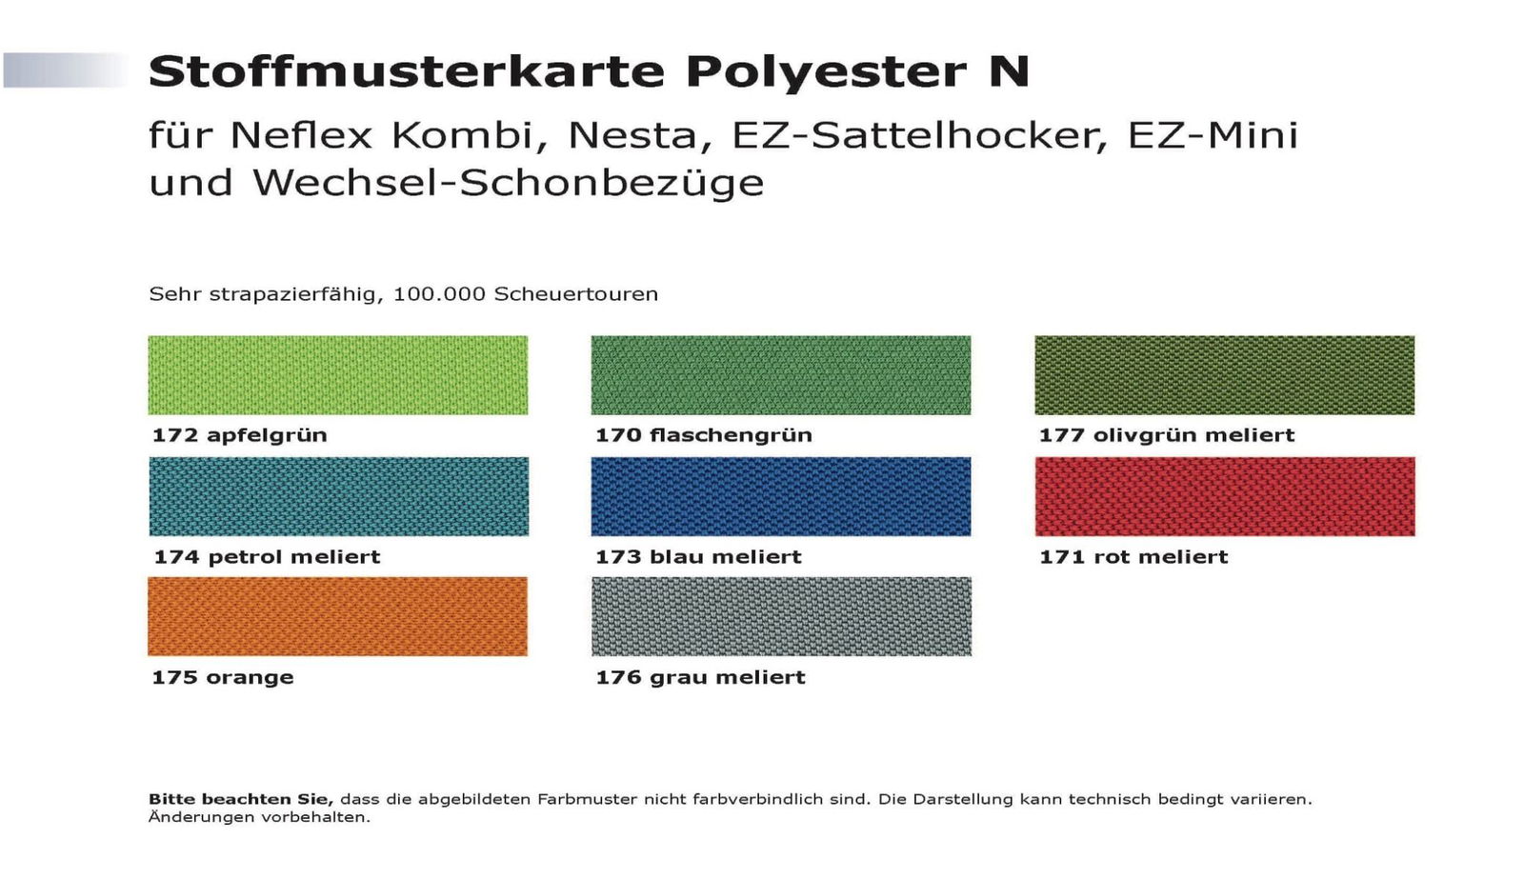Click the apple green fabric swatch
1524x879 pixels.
point(337,374)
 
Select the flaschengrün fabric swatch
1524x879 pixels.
point(780,374)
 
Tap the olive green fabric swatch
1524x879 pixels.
point(1224,374)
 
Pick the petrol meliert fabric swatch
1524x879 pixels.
point(338,496)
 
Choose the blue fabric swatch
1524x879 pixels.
point(780,496)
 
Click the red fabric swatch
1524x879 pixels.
point(1224,496)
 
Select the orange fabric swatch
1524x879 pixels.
point(337,616)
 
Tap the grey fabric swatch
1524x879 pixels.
point(781,616)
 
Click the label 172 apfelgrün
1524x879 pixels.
point(239,435)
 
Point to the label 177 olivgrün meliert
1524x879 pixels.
point(1166,435)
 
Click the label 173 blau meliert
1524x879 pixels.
point(698,557)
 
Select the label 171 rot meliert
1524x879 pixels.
point(1133,557)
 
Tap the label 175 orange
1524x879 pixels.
point(223,677)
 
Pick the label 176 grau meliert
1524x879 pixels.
point(700,677)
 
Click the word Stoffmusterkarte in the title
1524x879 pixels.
point(407,71)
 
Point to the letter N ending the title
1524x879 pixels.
point(1009,71)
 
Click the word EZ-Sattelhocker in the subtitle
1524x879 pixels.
point(919,135)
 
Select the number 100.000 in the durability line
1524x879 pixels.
point(439,294)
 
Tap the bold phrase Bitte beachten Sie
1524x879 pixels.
point(240,799)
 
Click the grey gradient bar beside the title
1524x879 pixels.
point(65,70)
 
